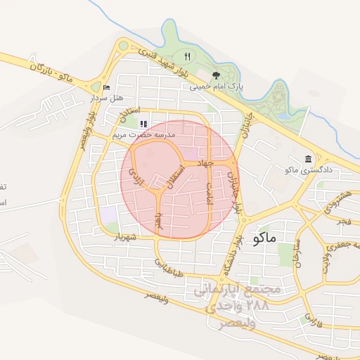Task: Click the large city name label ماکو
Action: coord(263,237)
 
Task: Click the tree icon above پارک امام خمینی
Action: coord(216,75)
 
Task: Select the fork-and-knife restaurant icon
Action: coord(187,56)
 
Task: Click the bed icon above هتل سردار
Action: coord(106,87)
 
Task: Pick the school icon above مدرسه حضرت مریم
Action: coord(144,124)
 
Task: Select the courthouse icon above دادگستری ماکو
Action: coord(308,159)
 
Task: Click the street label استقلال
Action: coord(174,177)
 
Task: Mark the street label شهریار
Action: coord(127,237)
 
